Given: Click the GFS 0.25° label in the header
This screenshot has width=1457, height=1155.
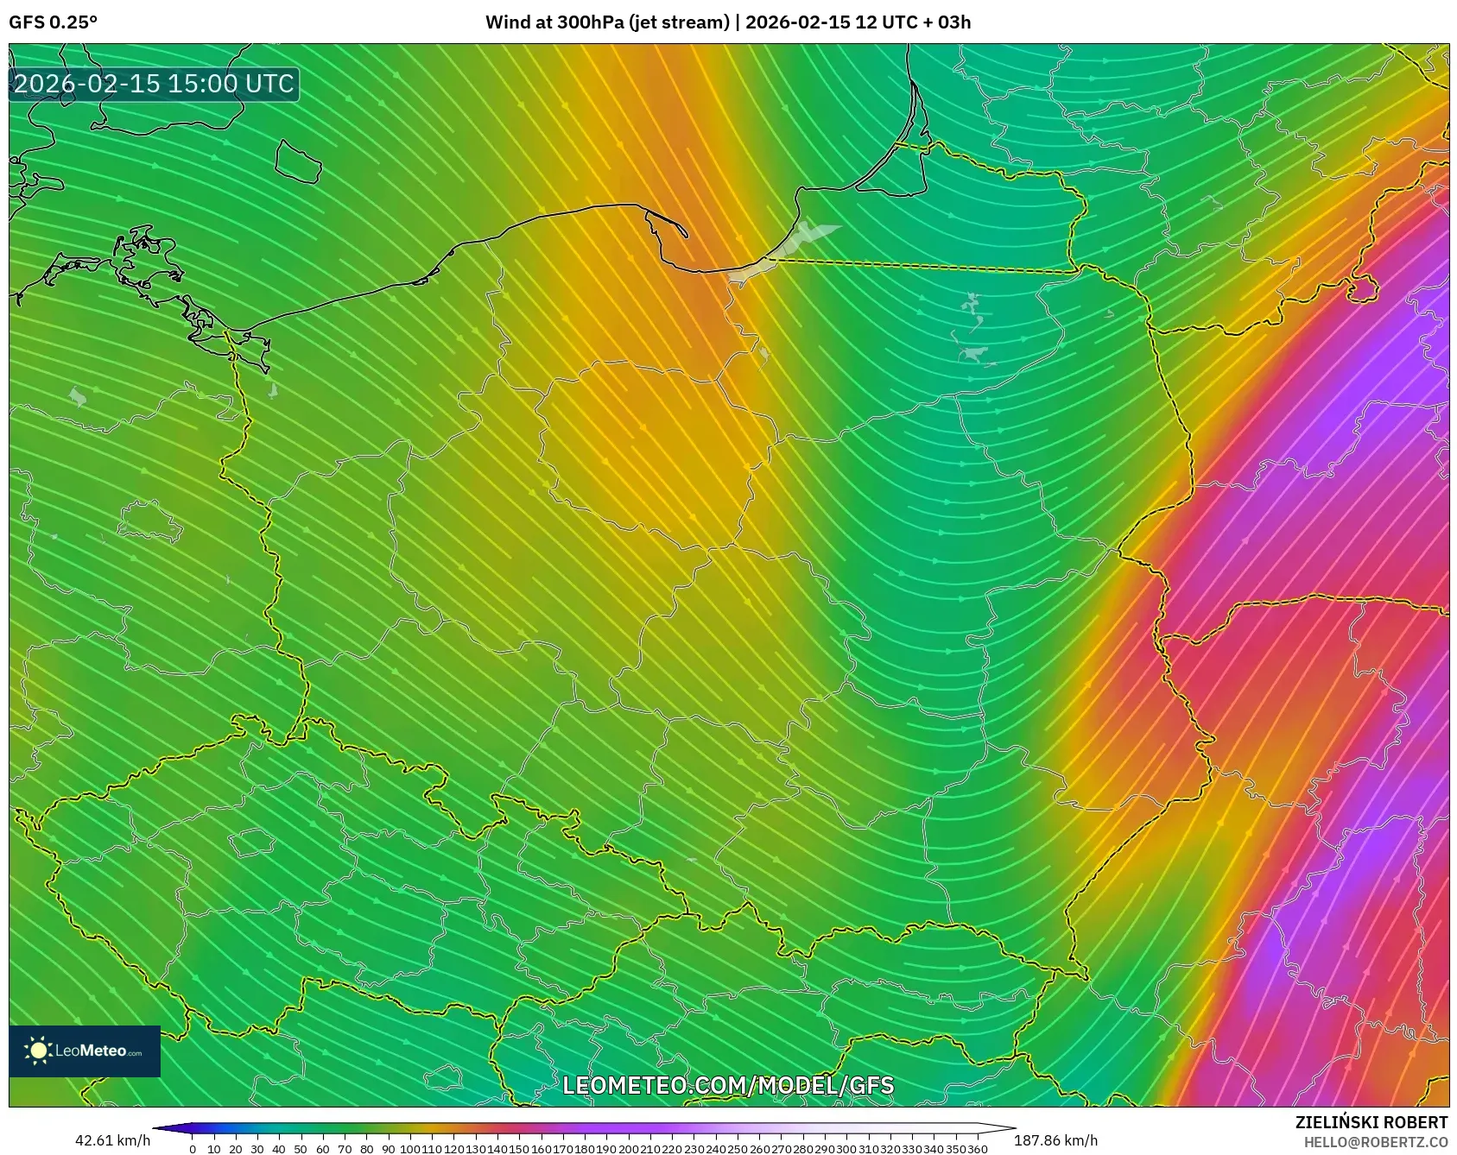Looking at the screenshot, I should pos(53,22).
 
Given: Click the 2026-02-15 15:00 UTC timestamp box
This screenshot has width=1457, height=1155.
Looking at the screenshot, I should pos(154,84).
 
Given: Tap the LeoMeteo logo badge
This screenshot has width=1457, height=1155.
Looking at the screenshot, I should pos(85,1051).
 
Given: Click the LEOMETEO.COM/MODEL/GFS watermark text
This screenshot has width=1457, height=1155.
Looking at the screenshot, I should pos(728,1085).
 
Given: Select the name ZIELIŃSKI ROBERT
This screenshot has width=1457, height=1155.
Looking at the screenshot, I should pos(1371,1122).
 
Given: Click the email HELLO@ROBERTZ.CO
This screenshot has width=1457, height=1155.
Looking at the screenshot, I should pos(1376,1142).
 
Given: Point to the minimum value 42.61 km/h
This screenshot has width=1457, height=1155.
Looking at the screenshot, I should pos(112,1140).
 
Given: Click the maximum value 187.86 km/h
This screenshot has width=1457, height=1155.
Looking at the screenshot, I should pos(1055,1140).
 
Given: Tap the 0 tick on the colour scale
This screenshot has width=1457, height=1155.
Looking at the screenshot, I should pos(192,1149).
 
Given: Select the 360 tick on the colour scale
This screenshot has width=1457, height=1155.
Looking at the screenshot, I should pos(978,1149).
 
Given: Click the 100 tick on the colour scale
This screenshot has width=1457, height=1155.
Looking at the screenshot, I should pos(410,1149).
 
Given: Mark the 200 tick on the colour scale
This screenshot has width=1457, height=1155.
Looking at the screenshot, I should pos(629,1149).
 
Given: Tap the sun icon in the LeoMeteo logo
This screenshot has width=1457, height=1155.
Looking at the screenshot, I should pos(39,1051).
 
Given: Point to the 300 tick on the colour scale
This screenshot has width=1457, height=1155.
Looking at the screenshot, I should pos(846,1149).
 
